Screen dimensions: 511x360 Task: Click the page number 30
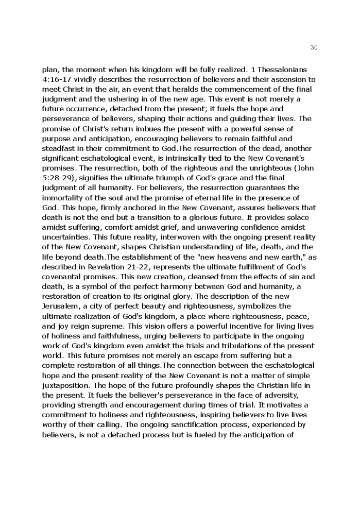pyautogui.click(x=314, y=47)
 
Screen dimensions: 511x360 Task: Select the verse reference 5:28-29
pyautogui.click(x=58, y=178)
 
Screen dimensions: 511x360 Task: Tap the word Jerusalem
pyautogui.click(x=61, y=306)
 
